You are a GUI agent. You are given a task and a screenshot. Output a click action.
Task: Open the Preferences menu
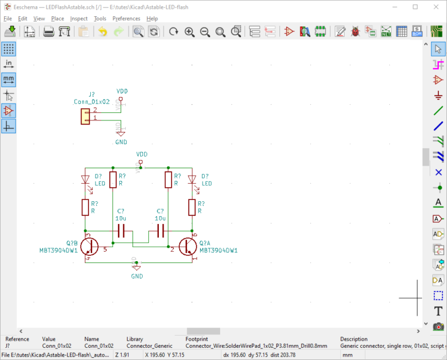(x=126, y=19)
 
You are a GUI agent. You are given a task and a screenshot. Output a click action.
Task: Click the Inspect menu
(x=79, y=19)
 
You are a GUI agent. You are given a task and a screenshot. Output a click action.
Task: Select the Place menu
(x=58, y=19)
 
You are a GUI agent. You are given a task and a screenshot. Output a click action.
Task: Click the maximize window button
(x=415, y=7)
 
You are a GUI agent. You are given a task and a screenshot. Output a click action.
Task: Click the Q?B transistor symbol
(x=89, y=246)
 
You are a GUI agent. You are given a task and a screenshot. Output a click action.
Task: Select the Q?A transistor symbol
(x=187, y=246)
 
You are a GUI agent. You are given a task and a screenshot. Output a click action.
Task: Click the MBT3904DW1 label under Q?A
(x=218, y=251)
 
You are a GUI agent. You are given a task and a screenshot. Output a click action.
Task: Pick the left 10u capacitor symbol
(x=121, y=231)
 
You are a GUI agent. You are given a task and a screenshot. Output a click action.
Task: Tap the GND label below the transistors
(x=137, y=276)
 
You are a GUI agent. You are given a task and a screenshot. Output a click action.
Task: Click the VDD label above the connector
(x=122, y=91)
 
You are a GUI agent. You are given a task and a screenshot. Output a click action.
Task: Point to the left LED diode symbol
(x=85, y=180)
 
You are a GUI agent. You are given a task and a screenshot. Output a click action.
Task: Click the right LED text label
(x=207, y=183)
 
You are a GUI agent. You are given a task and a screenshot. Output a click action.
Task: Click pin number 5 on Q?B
(x=105, y=250)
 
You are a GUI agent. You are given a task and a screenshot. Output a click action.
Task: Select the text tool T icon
(x=438, y=311)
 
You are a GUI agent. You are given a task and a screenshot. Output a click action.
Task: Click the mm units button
(x=9, y=79)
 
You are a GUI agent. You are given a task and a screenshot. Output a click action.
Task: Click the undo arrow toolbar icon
(x=102, y=32)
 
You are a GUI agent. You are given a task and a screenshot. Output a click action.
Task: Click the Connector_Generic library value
(x=149, y=346)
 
